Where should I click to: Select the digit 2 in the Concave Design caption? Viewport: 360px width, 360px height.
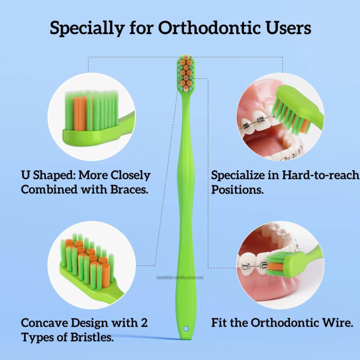coord(145,323)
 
